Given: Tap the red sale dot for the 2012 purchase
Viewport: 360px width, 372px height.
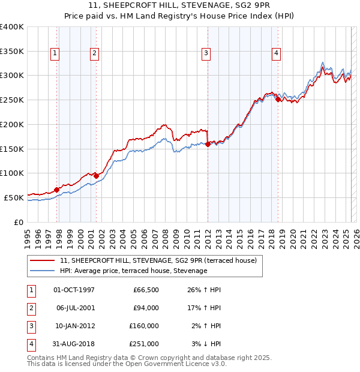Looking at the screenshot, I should pyautogui.click(x=208, y=144).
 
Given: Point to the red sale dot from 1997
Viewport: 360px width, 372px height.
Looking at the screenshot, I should pyautogui.click(x=56, y=190).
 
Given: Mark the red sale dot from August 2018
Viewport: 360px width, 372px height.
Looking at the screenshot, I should pyautogui.click(x=278, y=100).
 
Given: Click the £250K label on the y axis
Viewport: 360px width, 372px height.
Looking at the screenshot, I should pyautogui.click(x=12, y=100).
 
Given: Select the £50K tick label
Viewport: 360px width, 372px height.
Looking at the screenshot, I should pyautogui.click(x=14, y=197).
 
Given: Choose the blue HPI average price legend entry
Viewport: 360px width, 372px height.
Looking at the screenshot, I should pyautogui.click(x=133, y=271).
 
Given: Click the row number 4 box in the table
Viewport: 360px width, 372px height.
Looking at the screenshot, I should pyautogui.click(x=30, y=344).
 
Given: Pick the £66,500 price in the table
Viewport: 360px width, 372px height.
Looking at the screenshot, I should pyautogui.click(x=146, y=290).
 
